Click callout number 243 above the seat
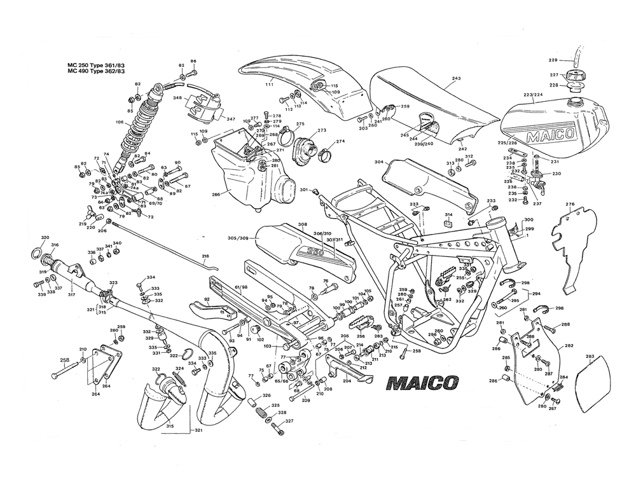click(x=456, y=79)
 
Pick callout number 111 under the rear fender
click(x=269, y=85)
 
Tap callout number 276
click(x=570, y=204)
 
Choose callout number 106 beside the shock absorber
click(x=119, y=122)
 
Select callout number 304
click(x=378, y=162)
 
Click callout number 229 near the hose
click(x=553, y=60)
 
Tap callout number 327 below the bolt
click(x=289, y=421)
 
